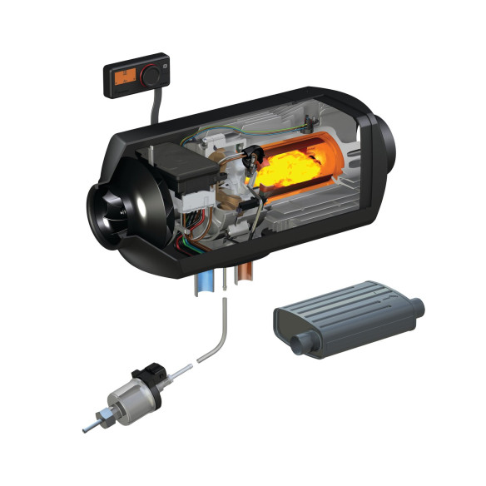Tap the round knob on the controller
coord(153,76)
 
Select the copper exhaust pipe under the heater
coord(246,280)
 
